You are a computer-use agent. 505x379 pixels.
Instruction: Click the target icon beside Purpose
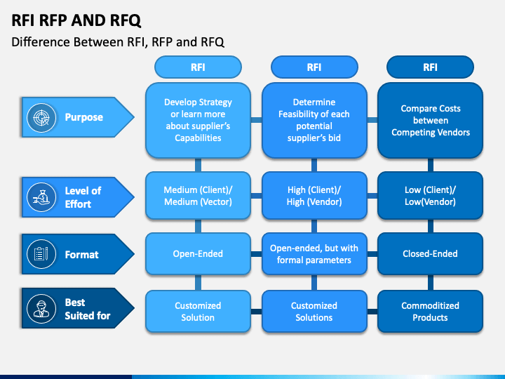tap(41, 118)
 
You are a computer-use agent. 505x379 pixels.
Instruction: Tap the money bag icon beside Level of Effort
tap(41, 197)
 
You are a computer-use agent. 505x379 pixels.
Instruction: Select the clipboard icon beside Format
tap(41, 254)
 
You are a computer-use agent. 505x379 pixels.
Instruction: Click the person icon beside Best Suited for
tap(41, 308)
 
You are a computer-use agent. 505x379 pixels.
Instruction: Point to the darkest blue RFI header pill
tap(430, 67)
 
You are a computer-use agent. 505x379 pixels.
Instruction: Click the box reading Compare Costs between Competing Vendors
tap(430, 120)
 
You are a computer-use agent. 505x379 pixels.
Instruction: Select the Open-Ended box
tap(198, 253)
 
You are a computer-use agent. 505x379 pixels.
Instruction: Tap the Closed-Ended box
tap(430, 253)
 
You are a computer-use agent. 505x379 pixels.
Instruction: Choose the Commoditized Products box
tap(430, 312)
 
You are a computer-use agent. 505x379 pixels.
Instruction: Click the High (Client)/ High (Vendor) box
tap(314, 196)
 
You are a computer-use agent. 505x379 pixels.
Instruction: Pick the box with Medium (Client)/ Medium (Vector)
tap(198, 196)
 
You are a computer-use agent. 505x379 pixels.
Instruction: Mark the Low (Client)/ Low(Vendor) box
tap(430, 196)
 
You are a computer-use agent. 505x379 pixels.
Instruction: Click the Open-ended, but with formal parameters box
tap(314, 253)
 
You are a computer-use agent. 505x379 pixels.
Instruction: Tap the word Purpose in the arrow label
tap(83, 117)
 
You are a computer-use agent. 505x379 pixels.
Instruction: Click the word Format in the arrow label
tap(81, 255)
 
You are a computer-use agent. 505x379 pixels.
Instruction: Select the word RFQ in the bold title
tap(126, 20)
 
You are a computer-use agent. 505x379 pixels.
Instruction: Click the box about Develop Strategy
tap(198, 120)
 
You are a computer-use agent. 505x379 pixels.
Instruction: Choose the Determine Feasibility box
tap(314, 120)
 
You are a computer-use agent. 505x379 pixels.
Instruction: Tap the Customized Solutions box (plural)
tap(314, 312)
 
